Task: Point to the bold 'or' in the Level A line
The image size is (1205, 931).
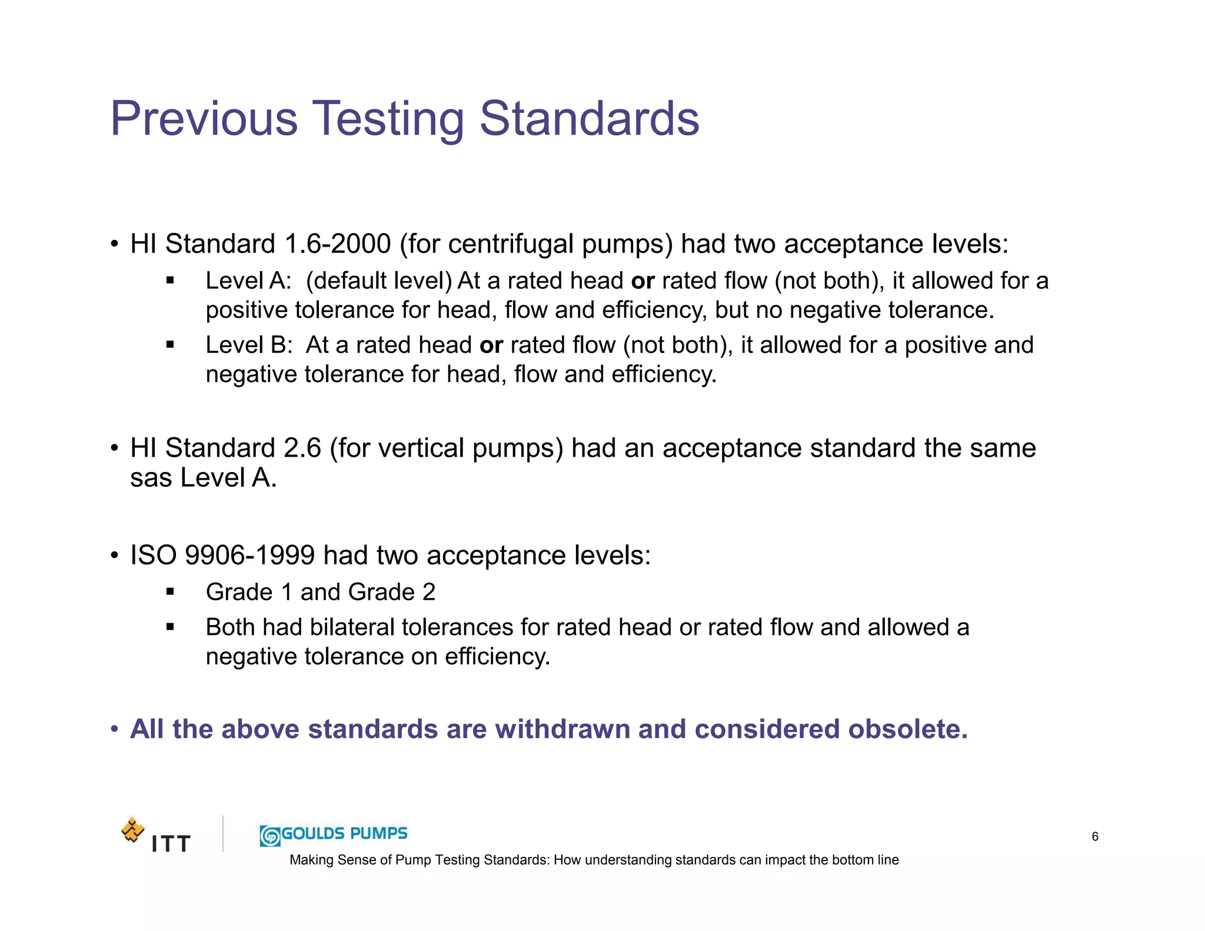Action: coord(643,281)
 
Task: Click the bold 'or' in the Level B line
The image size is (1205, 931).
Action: coord(491,345)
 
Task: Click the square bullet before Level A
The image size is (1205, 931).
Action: coord(170,281)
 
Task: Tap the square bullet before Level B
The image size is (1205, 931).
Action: coord(170,345)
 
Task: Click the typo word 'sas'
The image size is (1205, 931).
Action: coord(151,477)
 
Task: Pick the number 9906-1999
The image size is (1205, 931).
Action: coord(249,555)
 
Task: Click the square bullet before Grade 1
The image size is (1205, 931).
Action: coord(170,592)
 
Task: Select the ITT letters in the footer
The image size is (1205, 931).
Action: coord(171,844)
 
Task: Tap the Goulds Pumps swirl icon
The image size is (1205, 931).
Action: coord(270,836)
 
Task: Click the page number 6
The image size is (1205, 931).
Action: coord(1094,836)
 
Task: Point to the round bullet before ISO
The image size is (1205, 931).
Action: coord(115,556)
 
